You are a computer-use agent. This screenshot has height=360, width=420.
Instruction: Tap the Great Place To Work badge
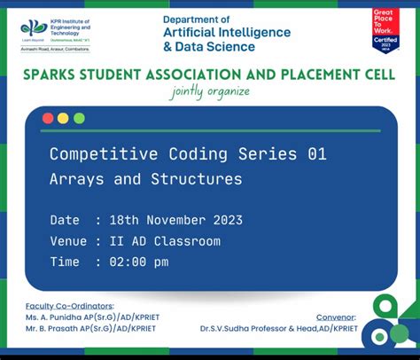pyautogui.click(x=385, y=29)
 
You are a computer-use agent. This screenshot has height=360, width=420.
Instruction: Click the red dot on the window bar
pyautogui.click(x=48, y=118)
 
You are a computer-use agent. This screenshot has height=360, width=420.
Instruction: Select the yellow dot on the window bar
pyautogui.click(x=63, y=118)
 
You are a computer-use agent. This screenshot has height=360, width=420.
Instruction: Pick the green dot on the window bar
pyautogui.click(x=79, y=118)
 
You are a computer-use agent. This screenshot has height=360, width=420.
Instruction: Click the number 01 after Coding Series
pyautogui.click(x=316, y=154)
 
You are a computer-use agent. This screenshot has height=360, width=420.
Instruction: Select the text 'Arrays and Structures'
pyautogui.click(x=145, y=179)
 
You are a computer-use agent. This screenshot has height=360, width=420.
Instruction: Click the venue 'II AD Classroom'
pyautogui.click(x=163, y=241)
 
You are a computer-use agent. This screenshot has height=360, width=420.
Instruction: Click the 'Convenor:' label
pyautogui.click(x=337, y=317)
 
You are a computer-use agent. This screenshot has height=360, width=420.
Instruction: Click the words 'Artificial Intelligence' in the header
pyautogui.click(x=226, y=33)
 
